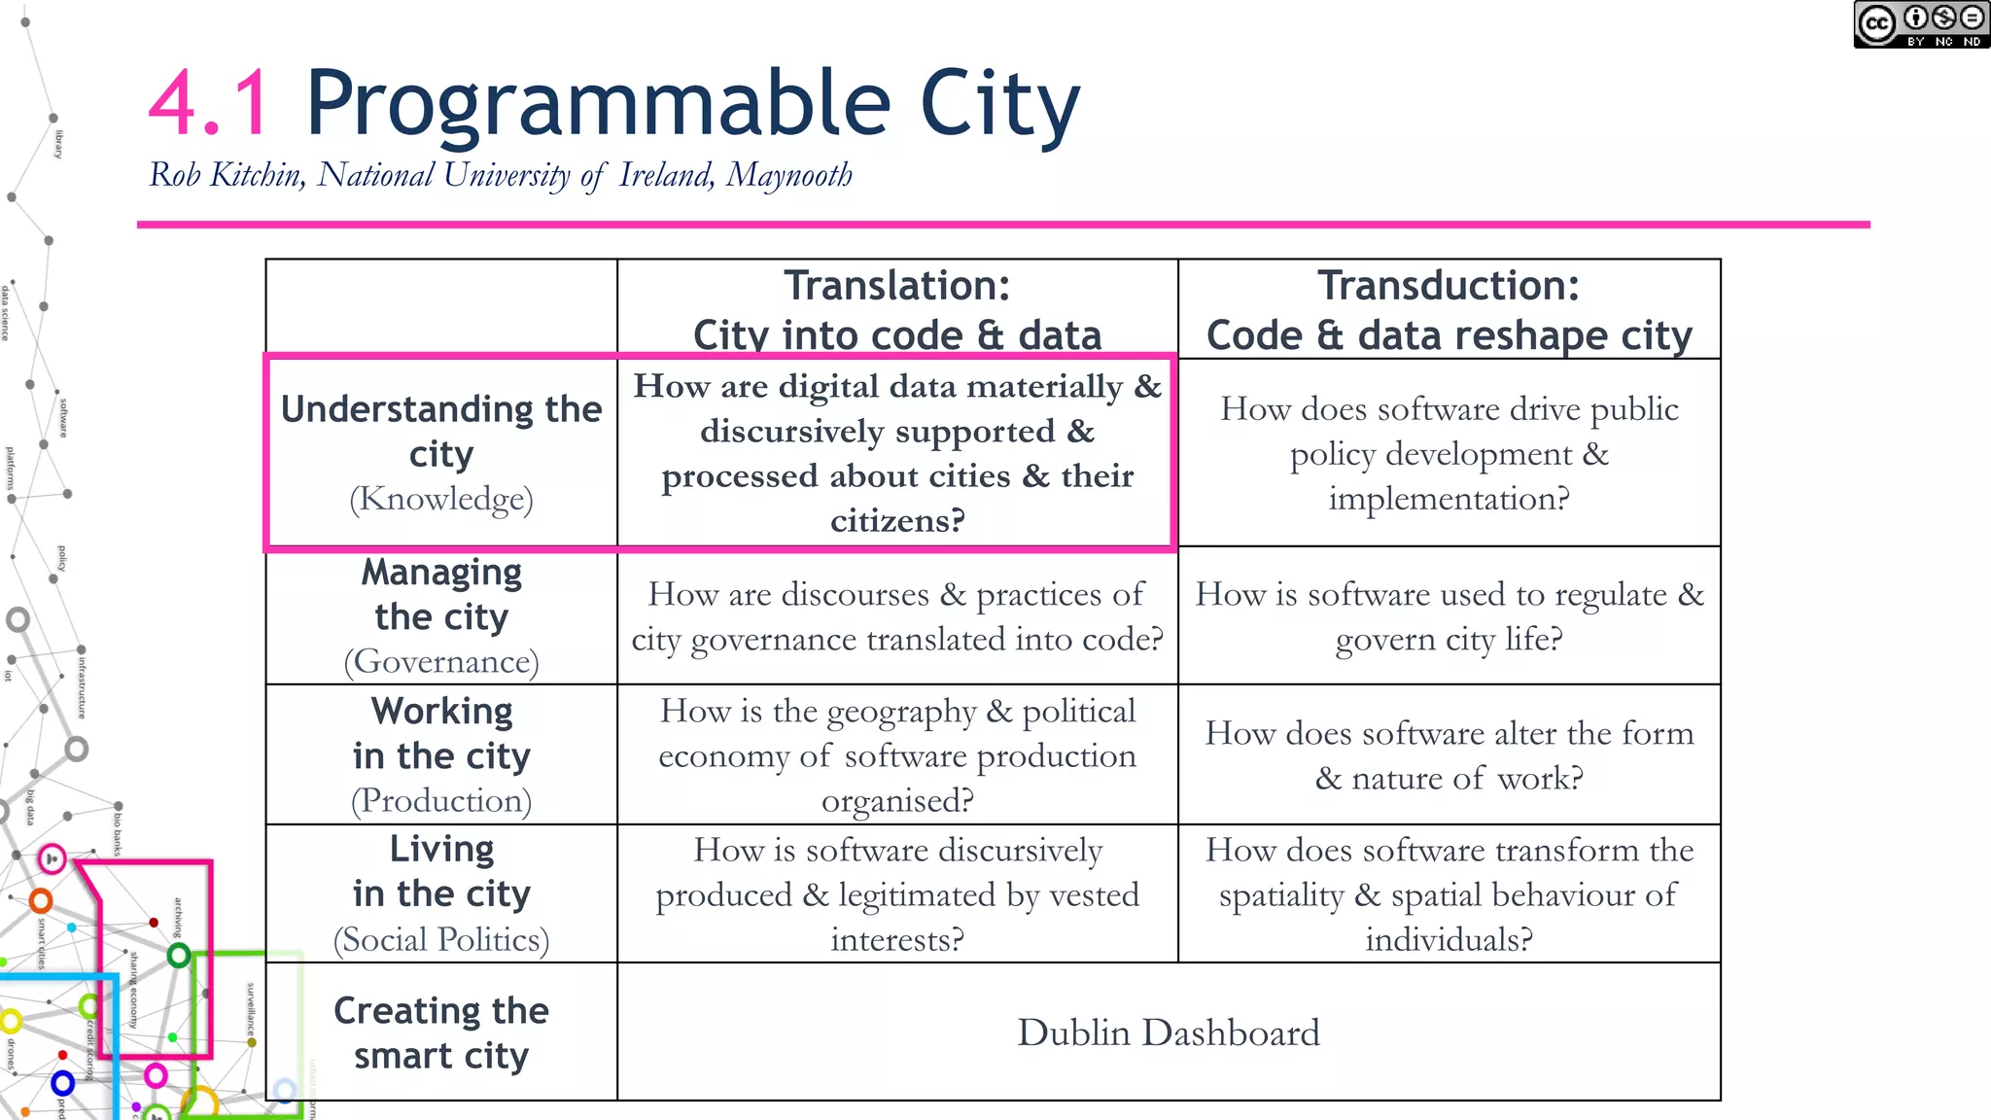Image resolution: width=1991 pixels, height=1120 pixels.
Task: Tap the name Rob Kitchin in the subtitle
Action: (x=226, y=175)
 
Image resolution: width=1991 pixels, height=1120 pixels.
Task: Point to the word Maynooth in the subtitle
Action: (x=788, y=175)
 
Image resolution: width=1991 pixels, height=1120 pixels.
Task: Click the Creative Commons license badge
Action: (x=1920, y=24)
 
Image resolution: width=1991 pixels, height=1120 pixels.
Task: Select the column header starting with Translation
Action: (x=896, y=310)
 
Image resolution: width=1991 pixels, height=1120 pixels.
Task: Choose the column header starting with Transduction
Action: (x=1449, y=310)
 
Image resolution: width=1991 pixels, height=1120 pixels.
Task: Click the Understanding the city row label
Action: (x=441, y=452)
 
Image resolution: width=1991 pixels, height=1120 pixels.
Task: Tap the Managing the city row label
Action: (x=441, y=615)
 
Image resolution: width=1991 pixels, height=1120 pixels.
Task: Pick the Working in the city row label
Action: (x=441, y=754)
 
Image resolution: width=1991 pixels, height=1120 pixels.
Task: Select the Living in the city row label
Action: (x=441, y=893)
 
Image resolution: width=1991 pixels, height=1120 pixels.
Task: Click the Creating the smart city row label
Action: (x=441, y=1032)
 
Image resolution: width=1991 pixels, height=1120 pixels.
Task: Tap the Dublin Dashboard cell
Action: (x=1168, y=1032)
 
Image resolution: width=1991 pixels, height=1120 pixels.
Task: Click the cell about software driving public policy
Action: (x=1449, y=453)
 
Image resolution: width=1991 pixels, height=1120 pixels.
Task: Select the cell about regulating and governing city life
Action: (x=1449, y=616)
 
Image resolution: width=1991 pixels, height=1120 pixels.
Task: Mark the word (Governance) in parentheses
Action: (x=441, y=662)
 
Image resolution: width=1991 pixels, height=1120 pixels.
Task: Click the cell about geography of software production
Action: (x=896, y=755)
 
